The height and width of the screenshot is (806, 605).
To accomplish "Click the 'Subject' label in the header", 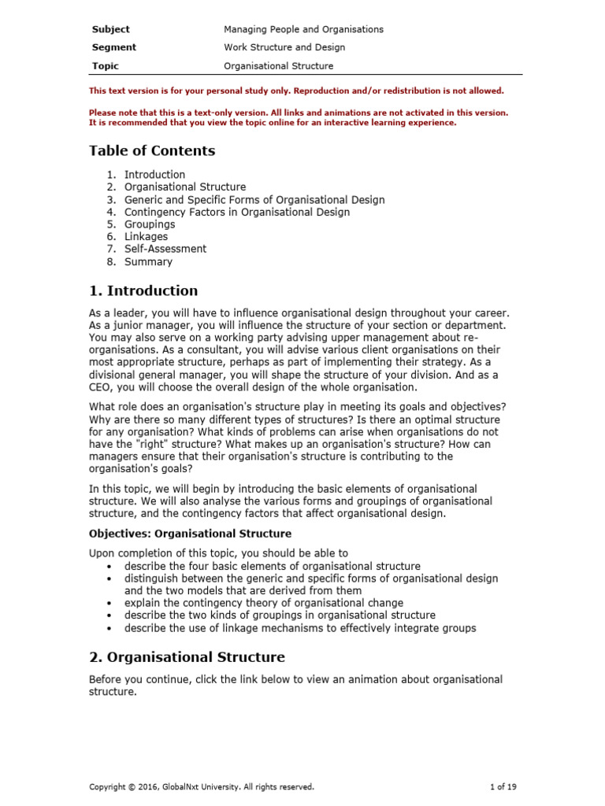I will click(x=110, y=29).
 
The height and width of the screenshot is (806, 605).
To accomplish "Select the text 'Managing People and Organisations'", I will click(x=303, y=29).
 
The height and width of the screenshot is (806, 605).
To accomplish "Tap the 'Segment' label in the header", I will click(x=113, y=47).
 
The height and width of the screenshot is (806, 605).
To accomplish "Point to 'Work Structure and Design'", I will click(x=284, y=47).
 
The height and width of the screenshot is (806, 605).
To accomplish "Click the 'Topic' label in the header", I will click(x=106, y=66).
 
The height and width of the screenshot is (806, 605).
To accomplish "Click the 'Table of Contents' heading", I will click(x=152, y=150).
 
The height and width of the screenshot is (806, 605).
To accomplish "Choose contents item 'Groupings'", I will click(x=150, y=224).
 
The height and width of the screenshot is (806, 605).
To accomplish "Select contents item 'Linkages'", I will click(x=146, y=236).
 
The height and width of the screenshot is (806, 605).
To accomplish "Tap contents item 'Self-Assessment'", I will click(x=165, y=249).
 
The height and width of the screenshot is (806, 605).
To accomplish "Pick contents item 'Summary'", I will click(x=148, y=261).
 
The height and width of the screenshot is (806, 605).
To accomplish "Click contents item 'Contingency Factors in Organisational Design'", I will click(x=237, y=212).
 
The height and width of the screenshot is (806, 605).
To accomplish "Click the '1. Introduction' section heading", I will click(x=143, y=291).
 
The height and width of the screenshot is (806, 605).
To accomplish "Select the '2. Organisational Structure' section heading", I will click(x=187, y=657).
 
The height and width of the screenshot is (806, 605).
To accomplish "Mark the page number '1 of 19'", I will click(x=503, y=786).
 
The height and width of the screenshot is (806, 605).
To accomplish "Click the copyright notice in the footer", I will click(x=202, y=786).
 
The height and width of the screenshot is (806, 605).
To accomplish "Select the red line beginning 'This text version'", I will click(x=296, y=91).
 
